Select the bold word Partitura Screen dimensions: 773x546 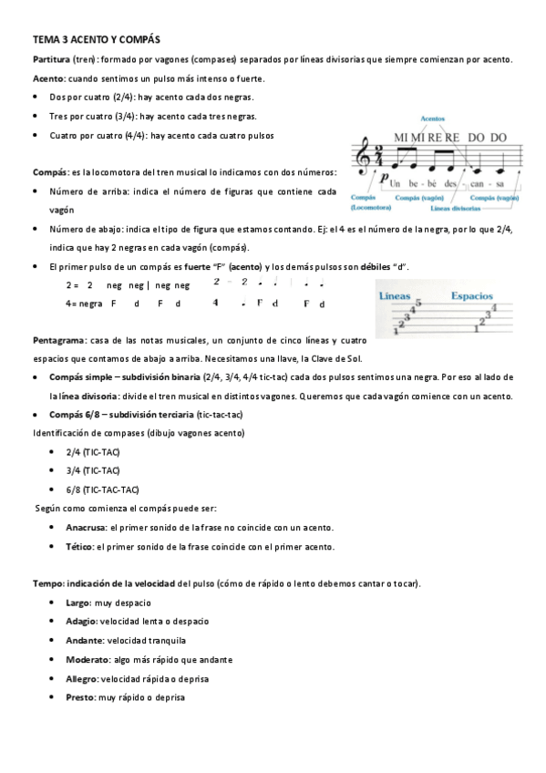tap(51, 59)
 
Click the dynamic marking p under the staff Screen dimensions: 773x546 tap(385, 179)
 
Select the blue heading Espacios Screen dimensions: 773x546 tap(472, 296)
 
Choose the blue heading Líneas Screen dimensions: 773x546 tap(395, 296)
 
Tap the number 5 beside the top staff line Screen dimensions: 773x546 tap(417, 304)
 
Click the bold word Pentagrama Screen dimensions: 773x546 tap(58, 340)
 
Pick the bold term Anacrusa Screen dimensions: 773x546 tap(86, 528)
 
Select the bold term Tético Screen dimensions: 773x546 tap(80, 547)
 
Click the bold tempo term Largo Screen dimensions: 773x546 tap(78, 603)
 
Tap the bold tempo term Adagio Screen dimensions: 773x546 tap(81, 621)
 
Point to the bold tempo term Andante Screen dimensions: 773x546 tap(83, 640)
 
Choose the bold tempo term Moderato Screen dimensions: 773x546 tap(87, 659)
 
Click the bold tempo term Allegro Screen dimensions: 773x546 tap(82, 678)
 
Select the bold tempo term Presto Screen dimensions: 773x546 tap(80, 697)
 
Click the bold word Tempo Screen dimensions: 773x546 tap(46, 582)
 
